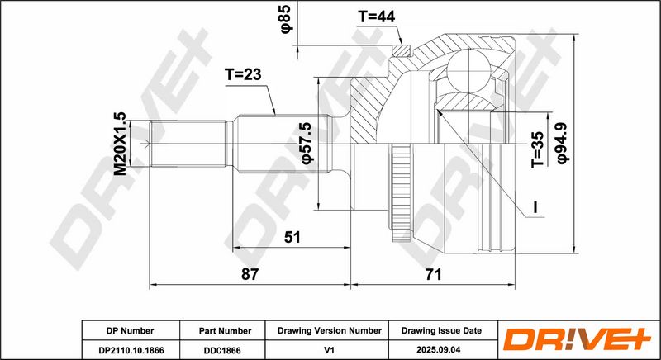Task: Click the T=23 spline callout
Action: pyautogui.click(x=242, y=74)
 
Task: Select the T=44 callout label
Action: pyautogui.click(x=376, y=17)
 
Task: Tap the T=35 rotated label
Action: pyautogui.click(x=538, y=149)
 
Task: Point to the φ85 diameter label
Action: pyautogui.click(x=286, y=18)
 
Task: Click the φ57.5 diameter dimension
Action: pyautogui.click(x=308, y=143)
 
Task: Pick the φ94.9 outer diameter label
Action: pyautogui.click(x=563, y=143)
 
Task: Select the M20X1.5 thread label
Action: pyautogui.click(x=120, y=144)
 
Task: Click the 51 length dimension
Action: pyautogui.click(x=292, y=237)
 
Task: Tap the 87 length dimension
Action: pyautogui.click(x=250, y=274)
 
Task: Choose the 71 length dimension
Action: pyautogui.click(x=433, y=274)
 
